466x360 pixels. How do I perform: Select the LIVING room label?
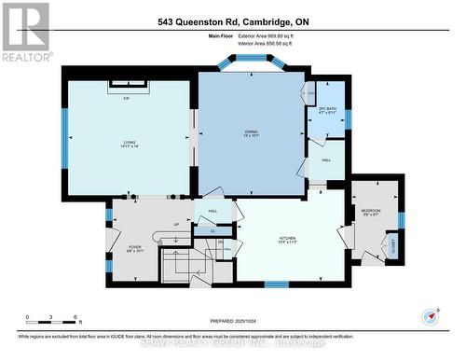(x=130, y=144)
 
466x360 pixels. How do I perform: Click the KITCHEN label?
(x=287, y=240)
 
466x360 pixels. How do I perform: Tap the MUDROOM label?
(x=371, y=212)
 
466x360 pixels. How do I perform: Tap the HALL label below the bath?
(x=326, y=160)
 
